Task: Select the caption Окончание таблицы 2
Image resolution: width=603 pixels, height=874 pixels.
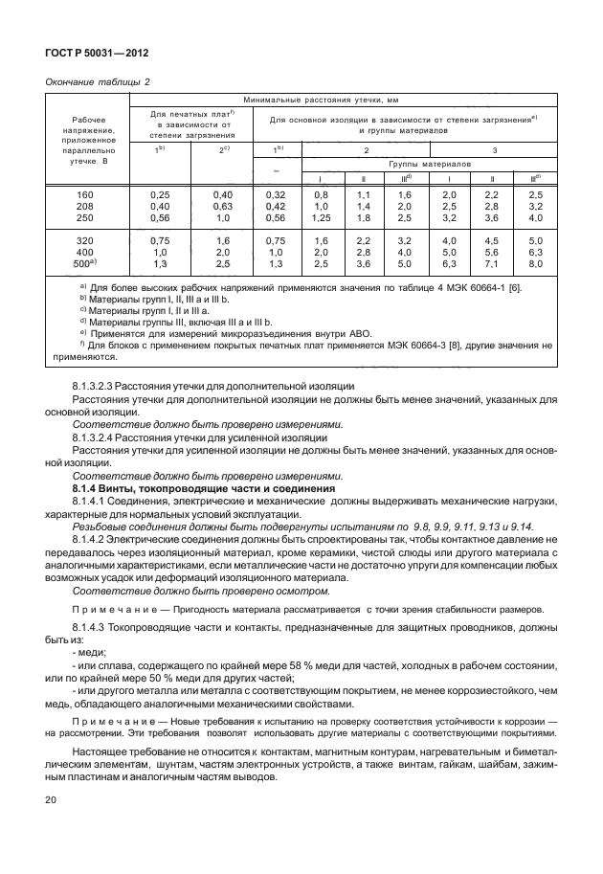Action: pos(98,82)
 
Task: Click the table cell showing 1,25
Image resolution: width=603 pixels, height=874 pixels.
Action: pos(321,217)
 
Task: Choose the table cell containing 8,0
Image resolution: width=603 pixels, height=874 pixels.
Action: pos(536,263)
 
